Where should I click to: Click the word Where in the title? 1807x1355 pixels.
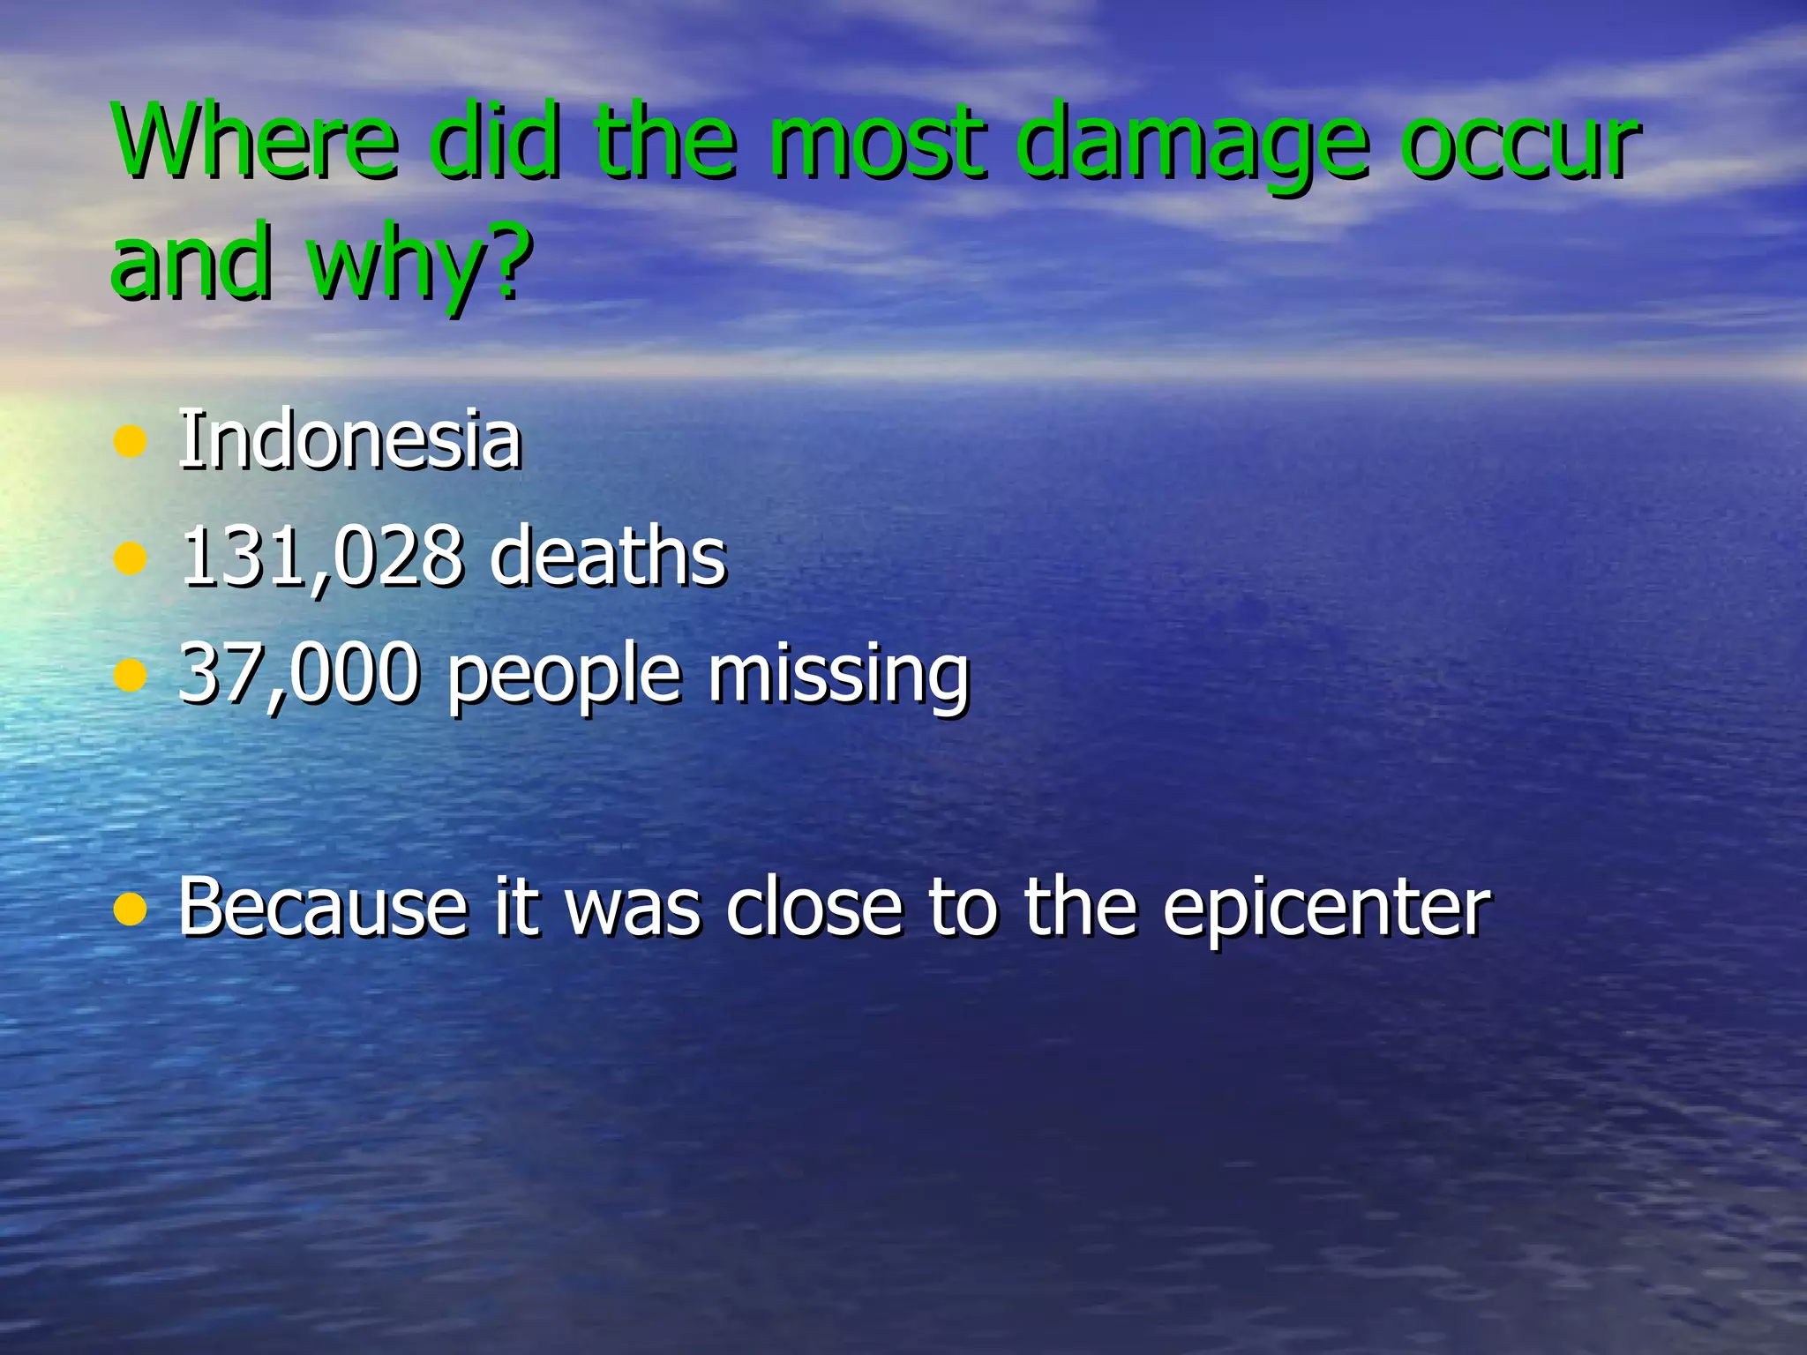(x=256, y=141)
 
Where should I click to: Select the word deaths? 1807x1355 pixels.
(x=609, y=556)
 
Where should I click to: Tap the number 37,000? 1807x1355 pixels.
(x=298, y=673)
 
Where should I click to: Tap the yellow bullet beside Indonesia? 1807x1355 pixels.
(x=130, y=442)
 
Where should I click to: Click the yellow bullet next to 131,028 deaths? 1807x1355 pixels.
(x=130, y=558)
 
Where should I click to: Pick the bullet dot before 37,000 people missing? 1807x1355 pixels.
(x=130, y=676)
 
